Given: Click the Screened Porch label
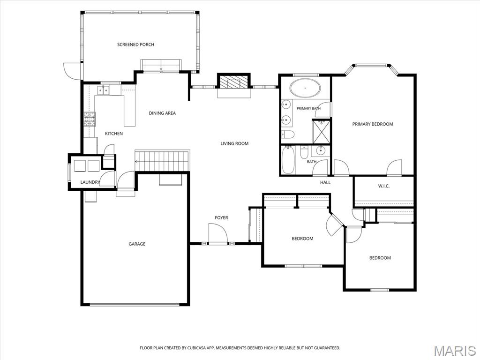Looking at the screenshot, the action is [x=135, y=45].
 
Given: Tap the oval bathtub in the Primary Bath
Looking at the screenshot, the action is [x=306, y=88].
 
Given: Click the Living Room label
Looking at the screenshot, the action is [x=234, y=143].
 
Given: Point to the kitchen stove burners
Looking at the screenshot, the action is [x=90, y=119].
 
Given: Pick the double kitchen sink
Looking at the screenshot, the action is [x=104, y=90].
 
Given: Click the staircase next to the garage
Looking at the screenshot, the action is [x=162, y=160].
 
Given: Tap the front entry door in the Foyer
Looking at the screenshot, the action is [x=217, y=233].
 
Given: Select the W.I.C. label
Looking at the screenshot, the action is [x=383, y=186].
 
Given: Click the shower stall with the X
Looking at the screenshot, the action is [x=321, y=131].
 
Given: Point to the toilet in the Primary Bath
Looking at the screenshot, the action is [x=287, y=134].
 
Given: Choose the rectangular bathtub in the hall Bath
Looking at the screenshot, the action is [x=288, y=160].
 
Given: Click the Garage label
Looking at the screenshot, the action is [x=137, y=244].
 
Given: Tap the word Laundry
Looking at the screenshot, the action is [x=90, y=182].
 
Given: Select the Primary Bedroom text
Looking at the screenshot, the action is [x=373, y=124].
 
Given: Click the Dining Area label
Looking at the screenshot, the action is [x=162, y=113].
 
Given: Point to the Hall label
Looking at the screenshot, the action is [x=325, y=182].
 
